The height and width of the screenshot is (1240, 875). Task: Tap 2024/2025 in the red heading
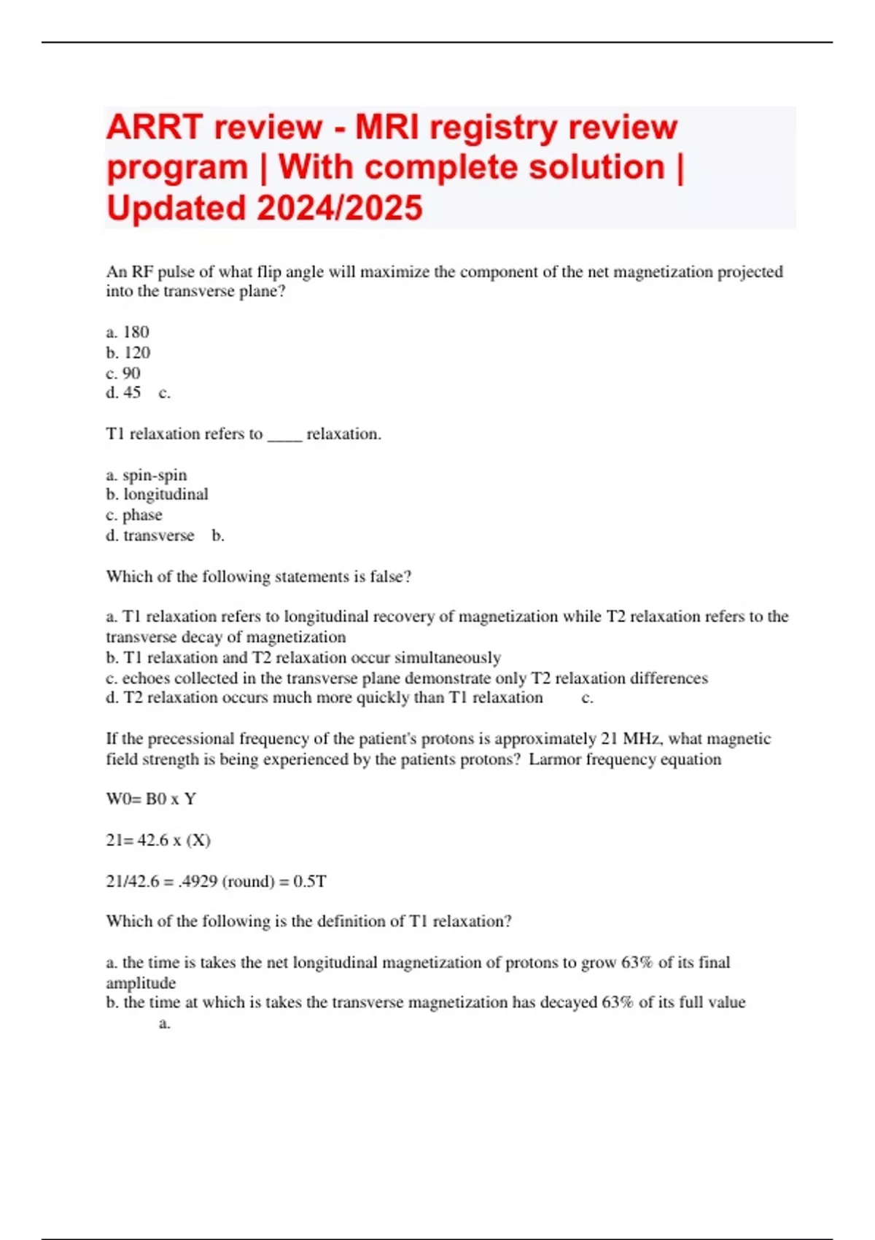339,208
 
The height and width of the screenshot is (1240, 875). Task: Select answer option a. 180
128,332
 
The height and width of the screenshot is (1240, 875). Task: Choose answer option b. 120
128,352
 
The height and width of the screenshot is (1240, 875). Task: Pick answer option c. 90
123,373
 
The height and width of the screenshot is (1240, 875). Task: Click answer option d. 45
123,392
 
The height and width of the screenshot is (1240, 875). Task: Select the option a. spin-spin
147,475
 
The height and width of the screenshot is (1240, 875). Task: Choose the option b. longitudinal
157,495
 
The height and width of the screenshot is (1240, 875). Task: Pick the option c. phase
134,515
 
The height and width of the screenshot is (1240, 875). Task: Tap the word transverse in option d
158,535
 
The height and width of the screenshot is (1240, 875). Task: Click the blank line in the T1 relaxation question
284,435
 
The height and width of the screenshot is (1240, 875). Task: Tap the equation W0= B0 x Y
151,799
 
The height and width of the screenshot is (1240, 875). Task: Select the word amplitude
141,983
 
